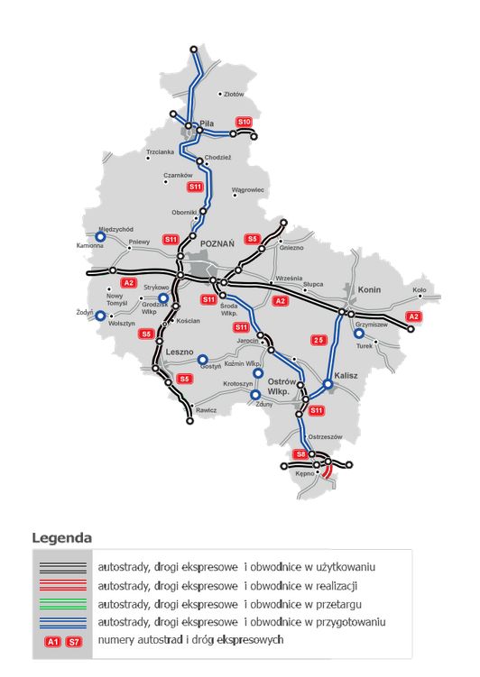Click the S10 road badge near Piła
pyautogui.click(x=244, y=122)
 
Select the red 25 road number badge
pyautogui.click(x=318, y=340)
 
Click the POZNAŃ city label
pyautogui.click(x=217, y=243)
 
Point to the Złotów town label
pyautogui.click(x=234, y=93)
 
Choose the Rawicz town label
pyautogui.click(x=205, y=410)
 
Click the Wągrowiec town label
pyautogui.click(x=248, y=190)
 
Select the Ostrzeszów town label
pyautogui.click(x=326, y=436)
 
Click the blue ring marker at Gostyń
pyautogui.click(x=203, y=358)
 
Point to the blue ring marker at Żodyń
pyautogui.click(x=100, y=316)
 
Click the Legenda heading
pyautogui.click(x=62, y=538)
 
